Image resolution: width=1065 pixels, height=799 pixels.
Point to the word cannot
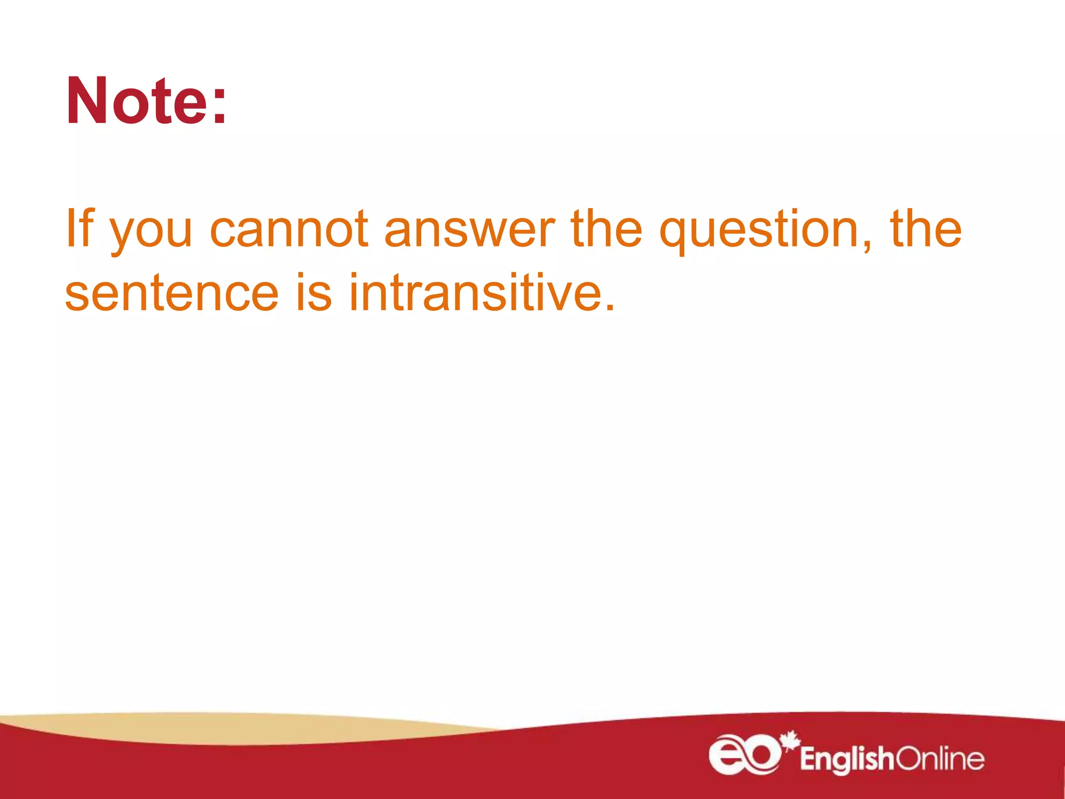point(289,229)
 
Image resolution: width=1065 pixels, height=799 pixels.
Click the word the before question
point(606,229)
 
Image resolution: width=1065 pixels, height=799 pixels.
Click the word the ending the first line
point(926,229)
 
